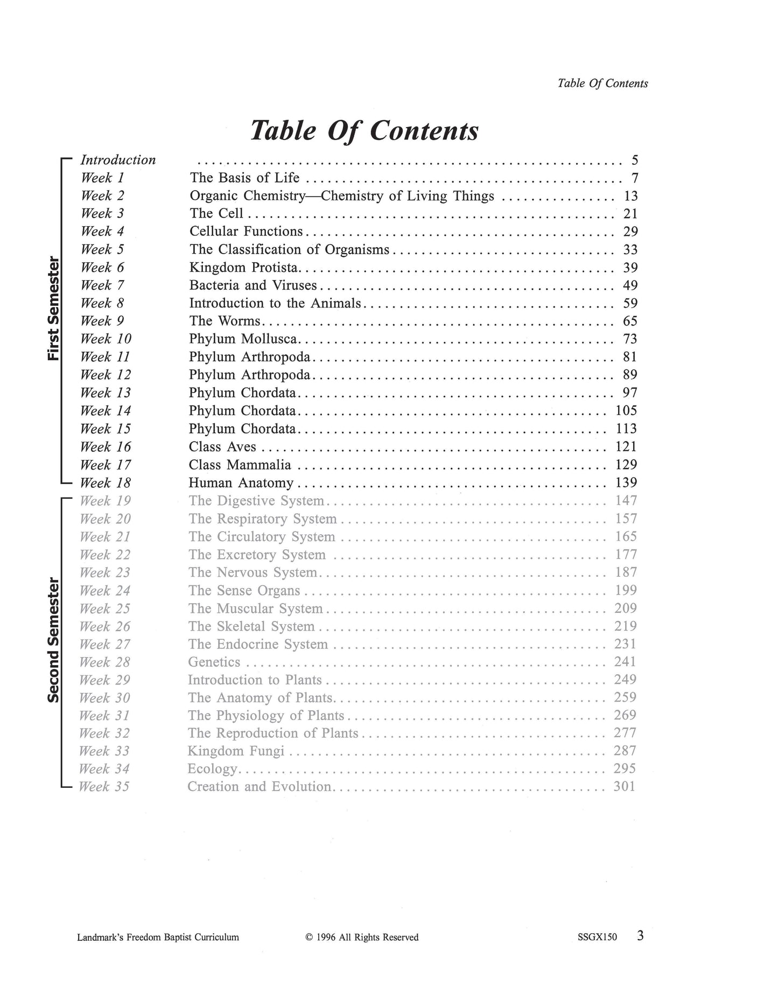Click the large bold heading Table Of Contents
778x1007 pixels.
click(365, 130)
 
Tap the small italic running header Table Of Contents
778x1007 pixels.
click(602, 83)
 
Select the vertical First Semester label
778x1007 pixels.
click(53, 309)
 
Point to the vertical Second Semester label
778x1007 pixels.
click(53, 640)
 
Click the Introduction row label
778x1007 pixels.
click(118, 160)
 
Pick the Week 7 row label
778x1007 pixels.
click(102, 285)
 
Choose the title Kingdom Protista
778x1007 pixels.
click(243, 268)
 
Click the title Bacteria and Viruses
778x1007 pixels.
click(253, 285)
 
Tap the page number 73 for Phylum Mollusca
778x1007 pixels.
click(629, 339)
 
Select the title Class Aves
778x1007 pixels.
click(222, 447)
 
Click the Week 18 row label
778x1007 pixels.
click(106, 483)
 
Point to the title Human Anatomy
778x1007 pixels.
click(241, 483)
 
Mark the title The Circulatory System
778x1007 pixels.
click(262, 537)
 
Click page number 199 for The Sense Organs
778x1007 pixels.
click(626, 591)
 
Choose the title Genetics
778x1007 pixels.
click(214, 662)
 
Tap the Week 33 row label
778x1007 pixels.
click(104, 751)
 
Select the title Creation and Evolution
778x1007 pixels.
click(259, 787)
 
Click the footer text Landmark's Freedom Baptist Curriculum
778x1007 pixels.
click(158, 938)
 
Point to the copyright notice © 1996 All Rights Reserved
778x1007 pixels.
click(362, 938)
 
